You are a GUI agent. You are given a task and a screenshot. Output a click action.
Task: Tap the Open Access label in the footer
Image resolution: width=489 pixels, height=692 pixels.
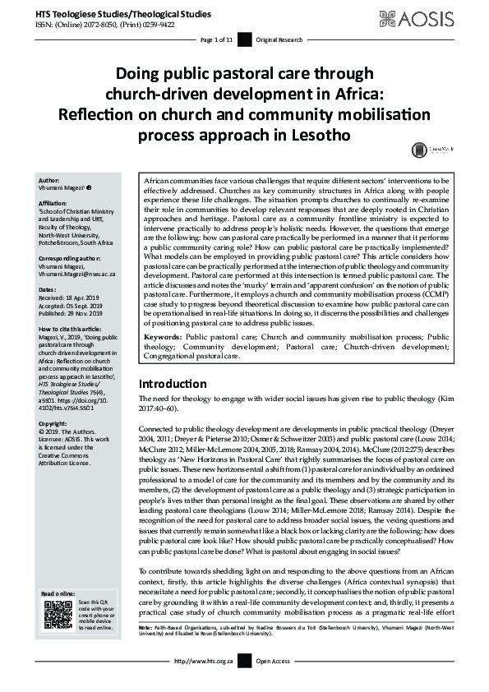[x=273, y=683]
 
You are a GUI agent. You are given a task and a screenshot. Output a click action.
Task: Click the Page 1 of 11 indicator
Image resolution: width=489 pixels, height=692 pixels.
[x=218, y=39]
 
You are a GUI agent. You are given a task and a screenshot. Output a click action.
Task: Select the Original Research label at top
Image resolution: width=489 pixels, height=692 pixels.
[x=277, y=39]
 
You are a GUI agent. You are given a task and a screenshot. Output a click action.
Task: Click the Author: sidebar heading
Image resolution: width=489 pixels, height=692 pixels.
[x=50, y=179]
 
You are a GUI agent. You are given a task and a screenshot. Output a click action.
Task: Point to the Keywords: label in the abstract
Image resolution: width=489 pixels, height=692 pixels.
[x=168, y=337]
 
